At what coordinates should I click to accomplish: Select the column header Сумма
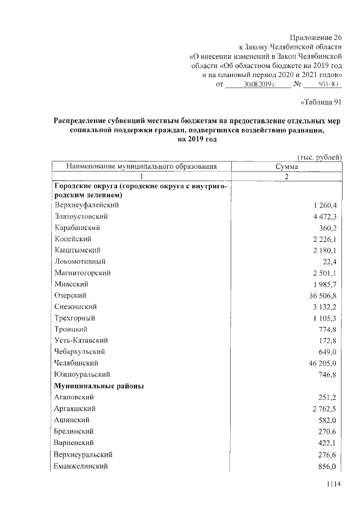pos(286,166)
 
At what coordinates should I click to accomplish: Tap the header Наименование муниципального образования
pos(141,166)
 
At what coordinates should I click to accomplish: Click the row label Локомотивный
pos(80,262)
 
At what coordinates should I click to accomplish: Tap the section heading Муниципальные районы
pos(98,386)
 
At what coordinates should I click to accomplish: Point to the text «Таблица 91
pos(322,102)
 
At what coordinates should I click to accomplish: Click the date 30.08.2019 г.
pos(258,84)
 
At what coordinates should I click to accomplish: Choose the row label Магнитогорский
pos(83,273)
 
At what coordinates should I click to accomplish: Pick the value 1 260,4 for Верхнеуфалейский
pos(325,205)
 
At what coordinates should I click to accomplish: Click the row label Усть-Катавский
pos(82,340)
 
